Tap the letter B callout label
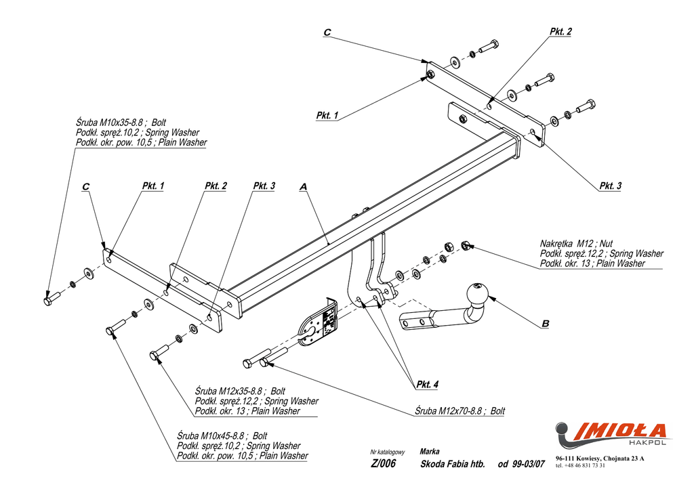(546, 324)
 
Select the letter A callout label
(303, 187)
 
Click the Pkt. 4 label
(427, 385)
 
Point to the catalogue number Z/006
(383, 463)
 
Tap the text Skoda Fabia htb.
(453, 464)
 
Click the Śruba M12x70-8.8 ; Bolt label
(460, 411)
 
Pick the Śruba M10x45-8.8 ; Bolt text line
(222, 435)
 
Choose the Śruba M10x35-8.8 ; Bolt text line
(121, 123)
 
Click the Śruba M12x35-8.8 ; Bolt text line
(240, 391)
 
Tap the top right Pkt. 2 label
(560, 31)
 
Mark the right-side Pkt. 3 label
(611, 186)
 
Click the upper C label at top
(327, 33)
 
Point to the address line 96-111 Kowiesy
(600, 458)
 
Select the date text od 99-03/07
(521, 464)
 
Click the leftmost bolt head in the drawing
(48, 301)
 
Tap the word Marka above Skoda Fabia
(429, 452)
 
